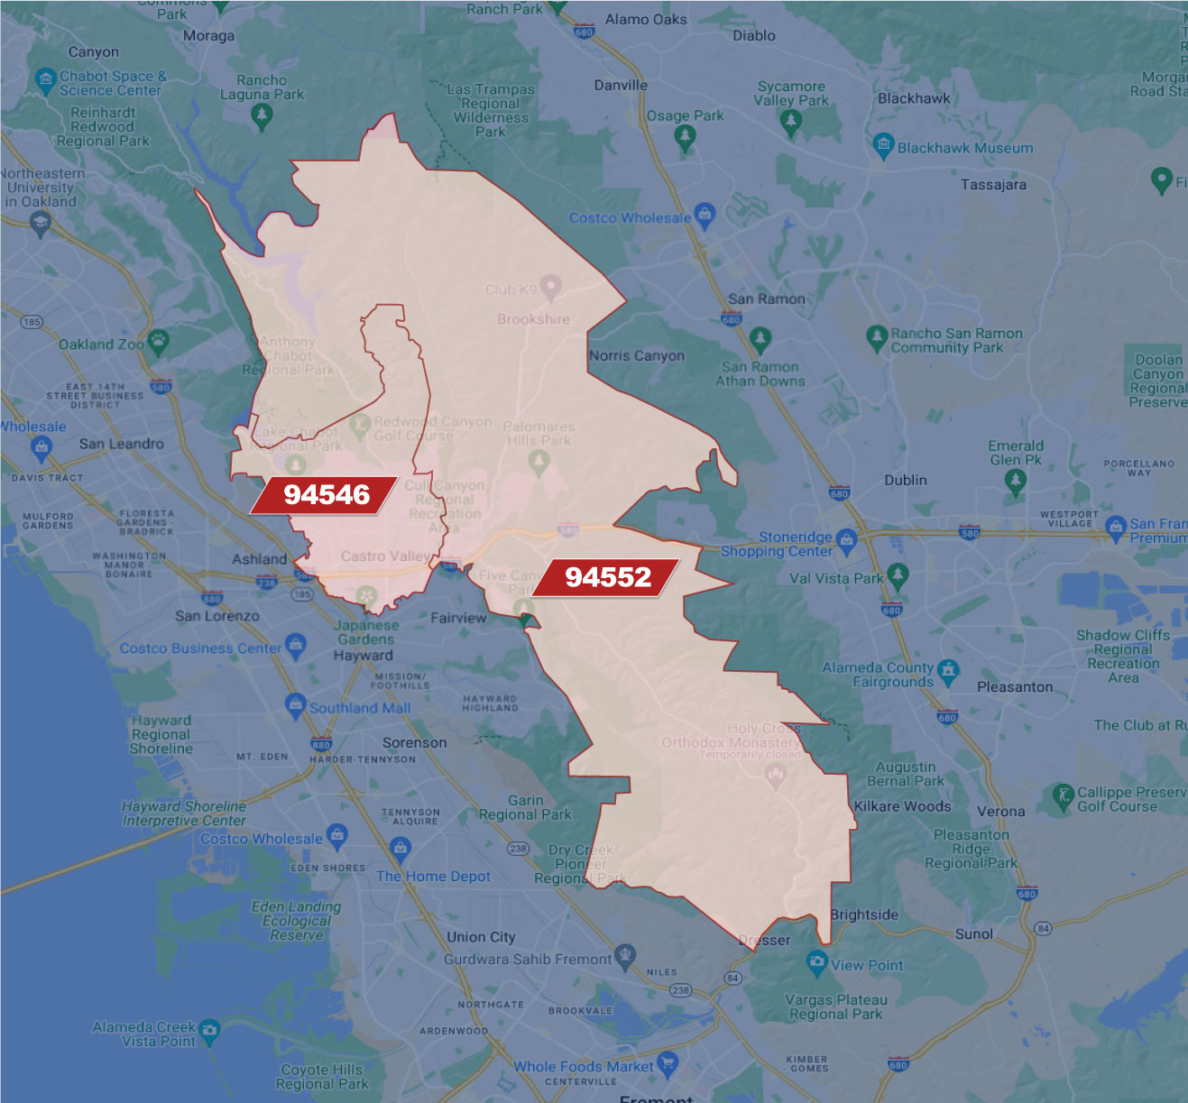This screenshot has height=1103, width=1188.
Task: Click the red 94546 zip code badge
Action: click(325, 494)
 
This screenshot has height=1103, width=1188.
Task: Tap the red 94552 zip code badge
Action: click(607, 577)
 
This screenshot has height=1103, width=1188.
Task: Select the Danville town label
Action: click(621, 85)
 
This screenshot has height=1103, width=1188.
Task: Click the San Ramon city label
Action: click(766, 299)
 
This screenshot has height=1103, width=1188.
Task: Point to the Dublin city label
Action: click(905, 480)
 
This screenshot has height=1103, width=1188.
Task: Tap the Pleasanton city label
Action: click(1015, 686)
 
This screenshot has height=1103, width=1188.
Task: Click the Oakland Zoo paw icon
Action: click(159, 341)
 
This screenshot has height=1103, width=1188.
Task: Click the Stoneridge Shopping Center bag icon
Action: click(846, 539)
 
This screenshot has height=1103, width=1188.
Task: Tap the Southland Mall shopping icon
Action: click(295, 706)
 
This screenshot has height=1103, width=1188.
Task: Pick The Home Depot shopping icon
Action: click(400, 848)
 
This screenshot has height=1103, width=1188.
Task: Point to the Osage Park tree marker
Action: click(685, 137)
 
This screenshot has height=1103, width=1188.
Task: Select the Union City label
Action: click(481, 936)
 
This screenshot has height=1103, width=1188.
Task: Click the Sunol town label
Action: click(973, 933)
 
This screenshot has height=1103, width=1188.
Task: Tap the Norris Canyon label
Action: click(637, 355)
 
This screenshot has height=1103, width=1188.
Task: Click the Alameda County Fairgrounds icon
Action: click(947, 670)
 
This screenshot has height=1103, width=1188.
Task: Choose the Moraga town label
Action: click(208, 36)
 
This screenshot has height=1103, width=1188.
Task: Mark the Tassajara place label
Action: click(993, 184)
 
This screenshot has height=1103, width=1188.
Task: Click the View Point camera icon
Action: click(817, 962)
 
